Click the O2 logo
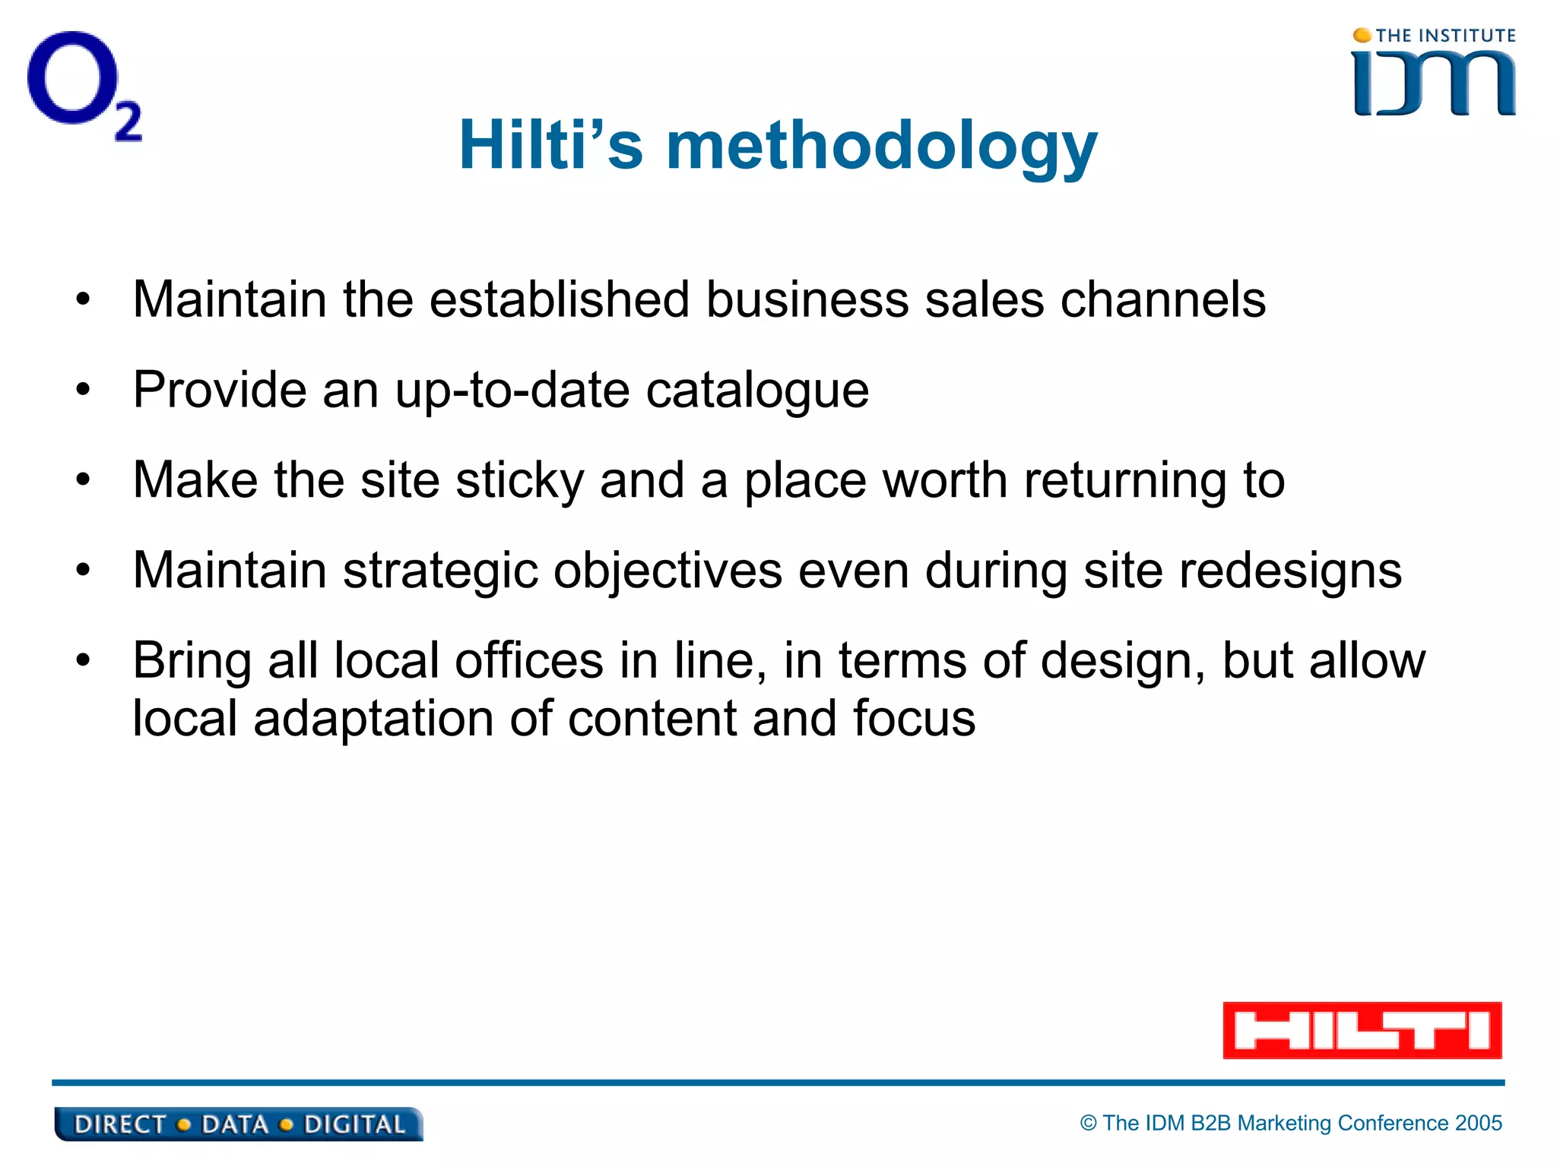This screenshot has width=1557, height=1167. pyautogui.click(x=84, y=85)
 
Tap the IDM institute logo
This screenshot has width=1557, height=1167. pyautogui.click(x=1433, y=74)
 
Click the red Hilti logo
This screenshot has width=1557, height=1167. pyautogui.click(x=1362, y=1030)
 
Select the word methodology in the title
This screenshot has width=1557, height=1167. pyautogui.click(x=882, y=146)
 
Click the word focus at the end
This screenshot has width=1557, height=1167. pyautogui.click(x=914, y=718)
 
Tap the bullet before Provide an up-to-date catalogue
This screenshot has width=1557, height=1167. pyautogui.click(x=83, y=391)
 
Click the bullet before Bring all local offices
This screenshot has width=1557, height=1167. pyautogui.click(x=83, y=660)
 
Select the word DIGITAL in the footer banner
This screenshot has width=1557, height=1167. pyautogui.click(x=354, y=1124)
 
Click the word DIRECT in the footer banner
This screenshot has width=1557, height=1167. pyautogui.click(x=120, y=1124)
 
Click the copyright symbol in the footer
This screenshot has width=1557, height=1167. pyautogui.click(x=1089, y=1123)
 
